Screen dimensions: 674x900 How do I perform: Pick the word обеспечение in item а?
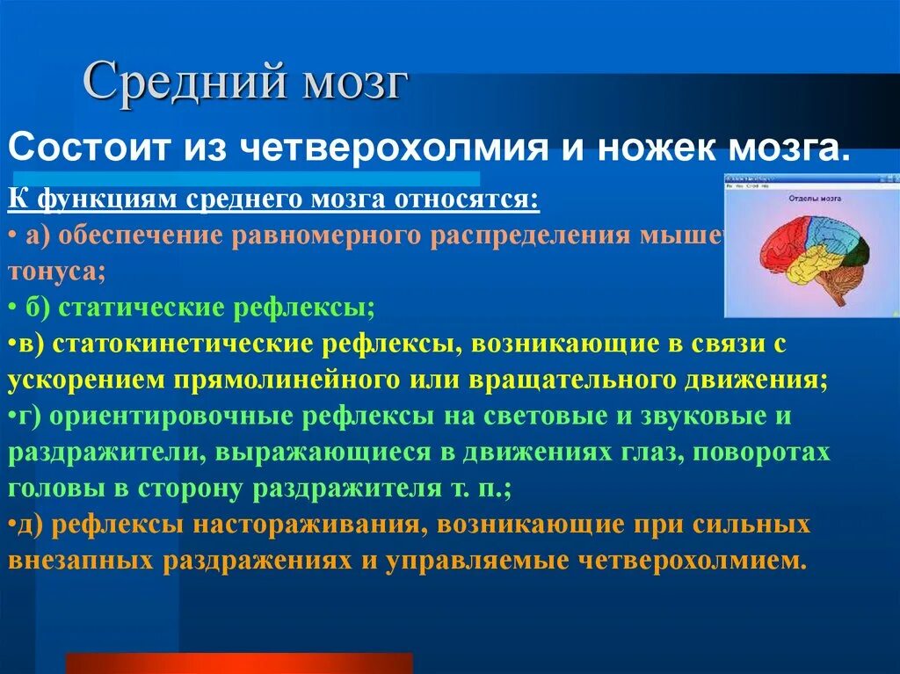142,236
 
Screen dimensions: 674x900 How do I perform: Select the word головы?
45,489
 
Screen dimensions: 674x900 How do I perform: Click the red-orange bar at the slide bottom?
239,663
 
